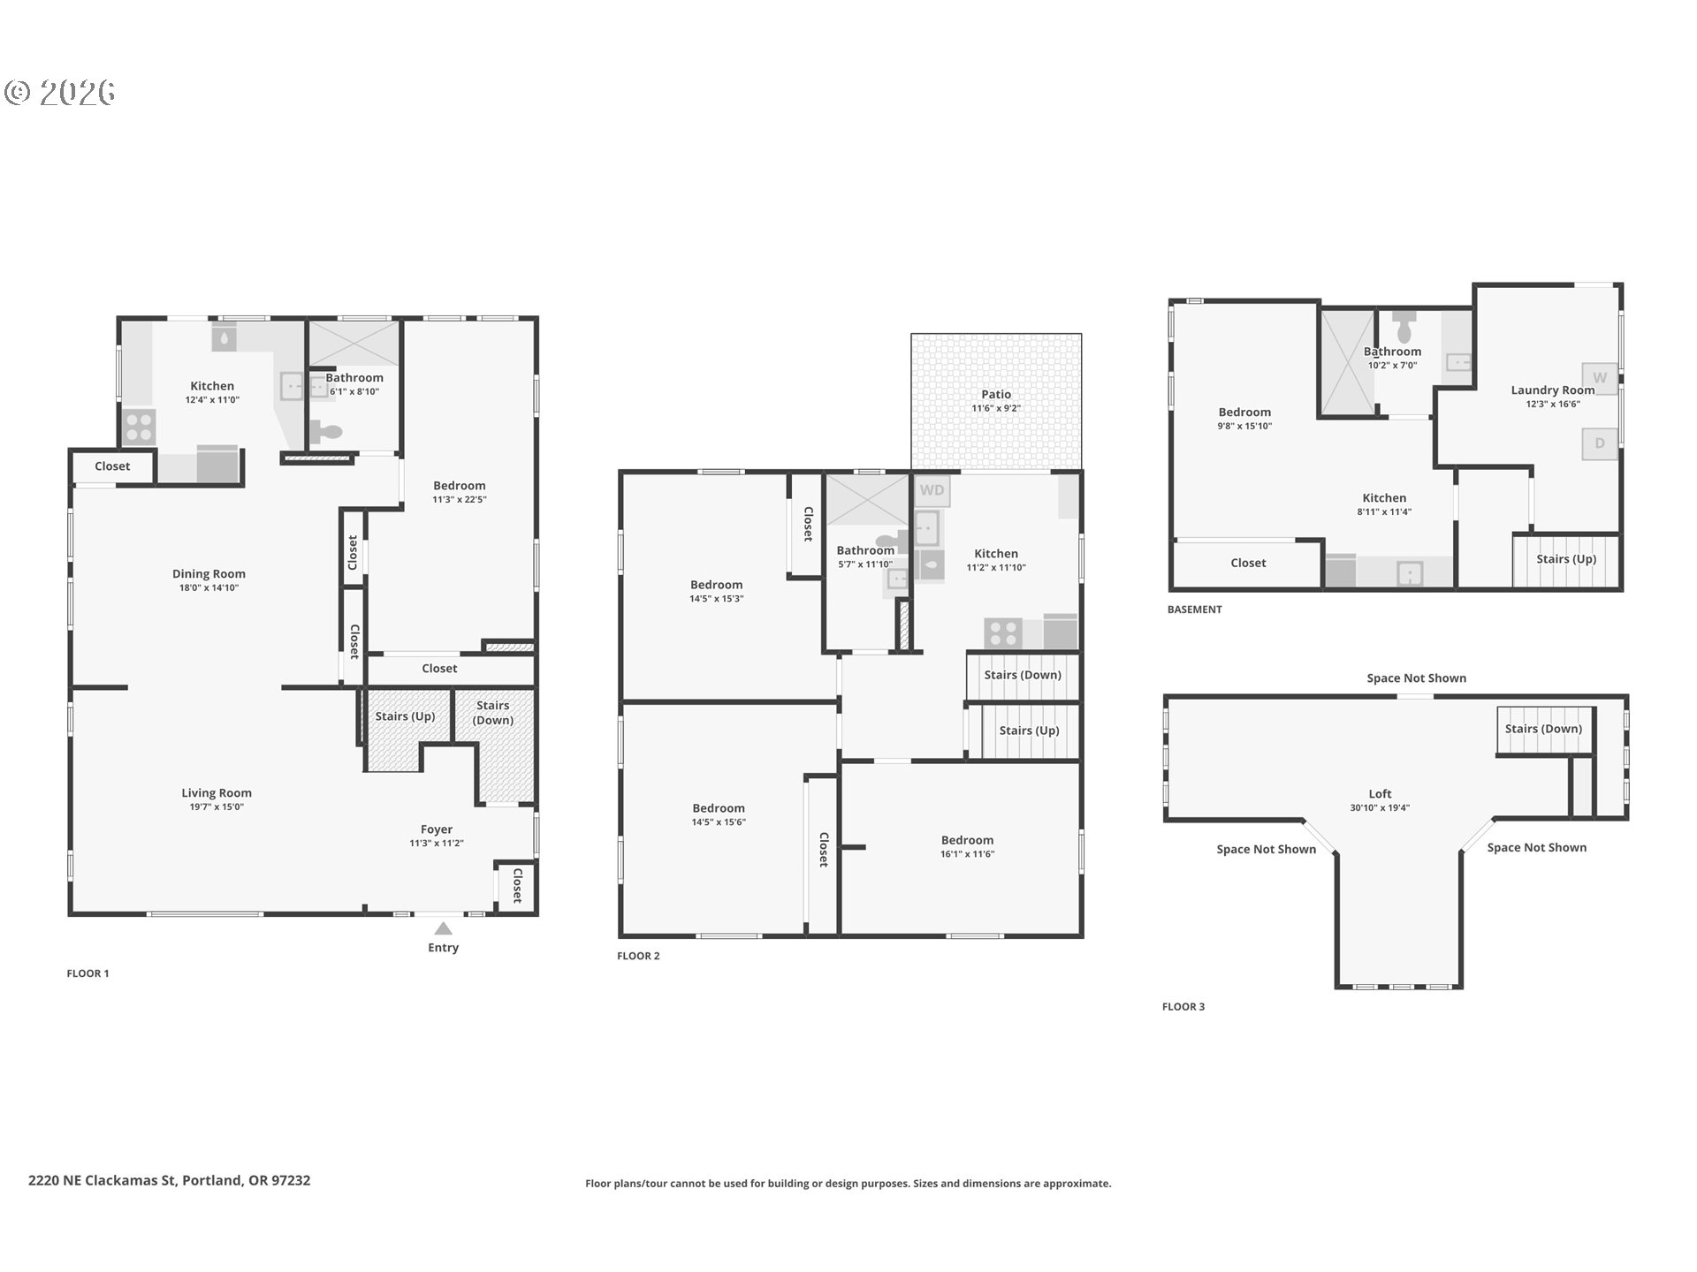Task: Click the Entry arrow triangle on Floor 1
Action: pyautogui.click(x=444, y=928)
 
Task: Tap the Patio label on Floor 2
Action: pyautogui.click(x=996, y=395)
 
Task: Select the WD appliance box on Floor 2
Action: pyautogui.click(x=932, y=490)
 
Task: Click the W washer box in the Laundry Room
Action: pyautogui.click(x=1600, y=378)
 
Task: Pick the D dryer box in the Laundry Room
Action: pyautogui.click(x=1600, y=443)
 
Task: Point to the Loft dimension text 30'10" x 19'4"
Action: pyautogui.click(x=1380, y=808)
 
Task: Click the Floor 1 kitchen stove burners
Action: pyautogui.click(x=139, y=428)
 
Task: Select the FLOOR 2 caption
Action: pyautogui.click(x=638, y=956)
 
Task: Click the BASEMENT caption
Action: pyautogui.click(x=1195, y=609)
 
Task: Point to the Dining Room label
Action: pyautogui.click(x=209, y=574)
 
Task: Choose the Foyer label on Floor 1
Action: pyautogui.click(x=437, y=829)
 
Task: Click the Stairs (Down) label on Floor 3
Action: pyautogui.click(x=1543, y=729)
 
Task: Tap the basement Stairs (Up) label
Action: pyautogui.click(x=1566, y=559)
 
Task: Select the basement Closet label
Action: pyautogui.click(x=1248, y=563)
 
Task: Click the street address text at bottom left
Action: pyautogui.click(x=170, y=1180)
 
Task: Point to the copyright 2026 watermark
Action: pyautogui.click(x=60, y=93)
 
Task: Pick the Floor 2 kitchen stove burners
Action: pyautogui.click(x=1003, y=633)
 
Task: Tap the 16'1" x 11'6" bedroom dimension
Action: pyautogui.click(x=967, y=854)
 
